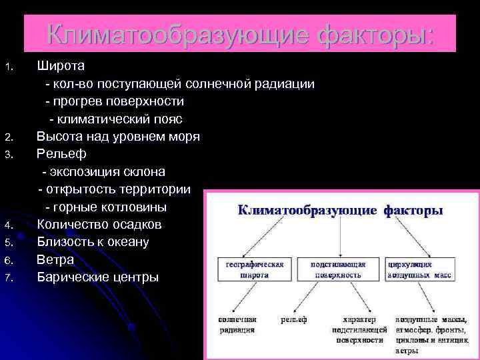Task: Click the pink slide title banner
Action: coord(240,33)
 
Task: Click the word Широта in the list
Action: coord(60,67)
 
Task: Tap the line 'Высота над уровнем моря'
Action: coord(118,137)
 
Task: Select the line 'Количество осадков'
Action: coord(99,224)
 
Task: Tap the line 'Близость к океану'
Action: coord(93,241)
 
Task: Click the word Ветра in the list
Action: coord(55,259)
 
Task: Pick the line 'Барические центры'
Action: coord(97,276)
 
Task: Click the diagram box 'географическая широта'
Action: coord(253,269)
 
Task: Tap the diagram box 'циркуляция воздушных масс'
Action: coord(419,269)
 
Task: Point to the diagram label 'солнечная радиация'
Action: coord(237,325)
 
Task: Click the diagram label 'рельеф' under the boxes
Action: coord(294,320)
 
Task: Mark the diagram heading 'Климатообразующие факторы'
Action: coord(341,211)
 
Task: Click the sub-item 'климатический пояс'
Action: coord(115,119)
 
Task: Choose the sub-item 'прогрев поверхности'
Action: coord(114,102)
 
